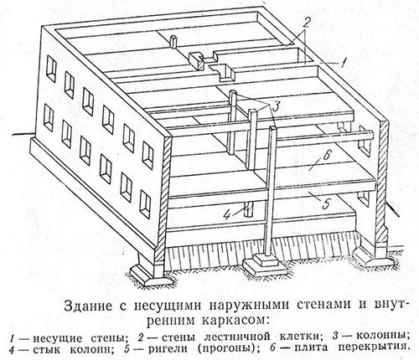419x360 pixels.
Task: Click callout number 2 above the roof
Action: [306, 23]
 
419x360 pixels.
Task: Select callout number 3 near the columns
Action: [276, 107]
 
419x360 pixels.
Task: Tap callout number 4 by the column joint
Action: [227, 215]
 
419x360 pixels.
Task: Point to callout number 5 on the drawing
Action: [326, 203]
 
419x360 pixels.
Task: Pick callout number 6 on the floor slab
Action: [326, 157]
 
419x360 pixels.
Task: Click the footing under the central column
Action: [264, 265]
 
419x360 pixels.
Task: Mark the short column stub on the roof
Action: [173, 42]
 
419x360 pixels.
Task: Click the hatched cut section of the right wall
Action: [382, 184]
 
